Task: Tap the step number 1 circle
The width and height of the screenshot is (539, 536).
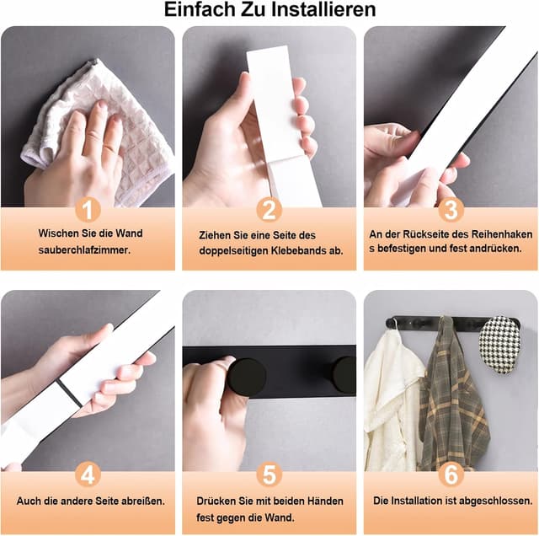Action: [88, 209]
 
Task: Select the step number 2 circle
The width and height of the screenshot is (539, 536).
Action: [269, 209]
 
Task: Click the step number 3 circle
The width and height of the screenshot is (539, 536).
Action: [451, 209]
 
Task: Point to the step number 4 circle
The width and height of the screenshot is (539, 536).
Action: [88, 474]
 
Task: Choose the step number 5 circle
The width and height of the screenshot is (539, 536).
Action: [269, 474]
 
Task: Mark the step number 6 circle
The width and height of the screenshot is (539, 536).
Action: [451, 474]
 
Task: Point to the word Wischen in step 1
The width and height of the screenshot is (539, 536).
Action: [56, 233]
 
